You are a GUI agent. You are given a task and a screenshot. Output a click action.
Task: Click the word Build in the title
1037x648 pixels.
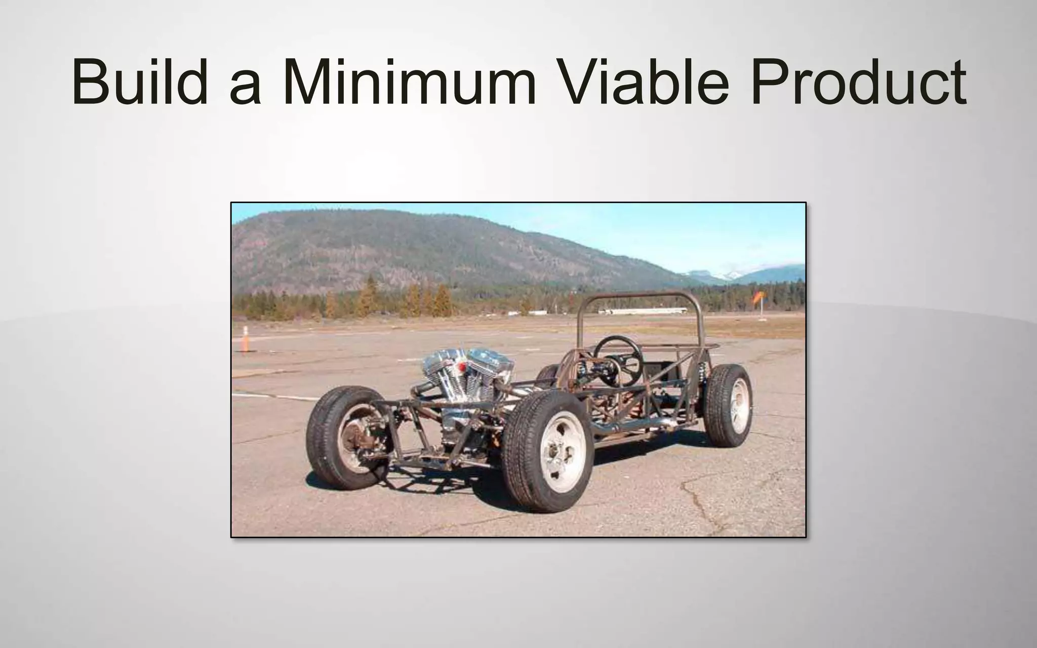[140, 81]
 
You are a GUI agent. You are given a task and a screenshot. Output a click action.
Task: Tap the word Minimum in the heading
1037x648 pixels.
[409, 81]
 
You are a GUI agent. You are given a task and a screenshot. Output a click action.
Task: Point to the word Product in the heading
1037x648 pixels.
[858, 81]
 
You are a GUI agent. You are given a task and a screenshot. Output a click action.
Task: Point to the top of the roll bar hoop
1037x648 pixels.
[641, 295]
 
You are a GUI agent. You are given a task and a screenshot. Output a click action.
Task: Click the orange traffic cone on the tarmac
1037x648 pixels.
[246, 339]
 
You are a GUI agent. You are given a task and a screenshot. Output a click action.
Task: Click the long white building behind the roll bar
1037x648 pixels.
[643, 310]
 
